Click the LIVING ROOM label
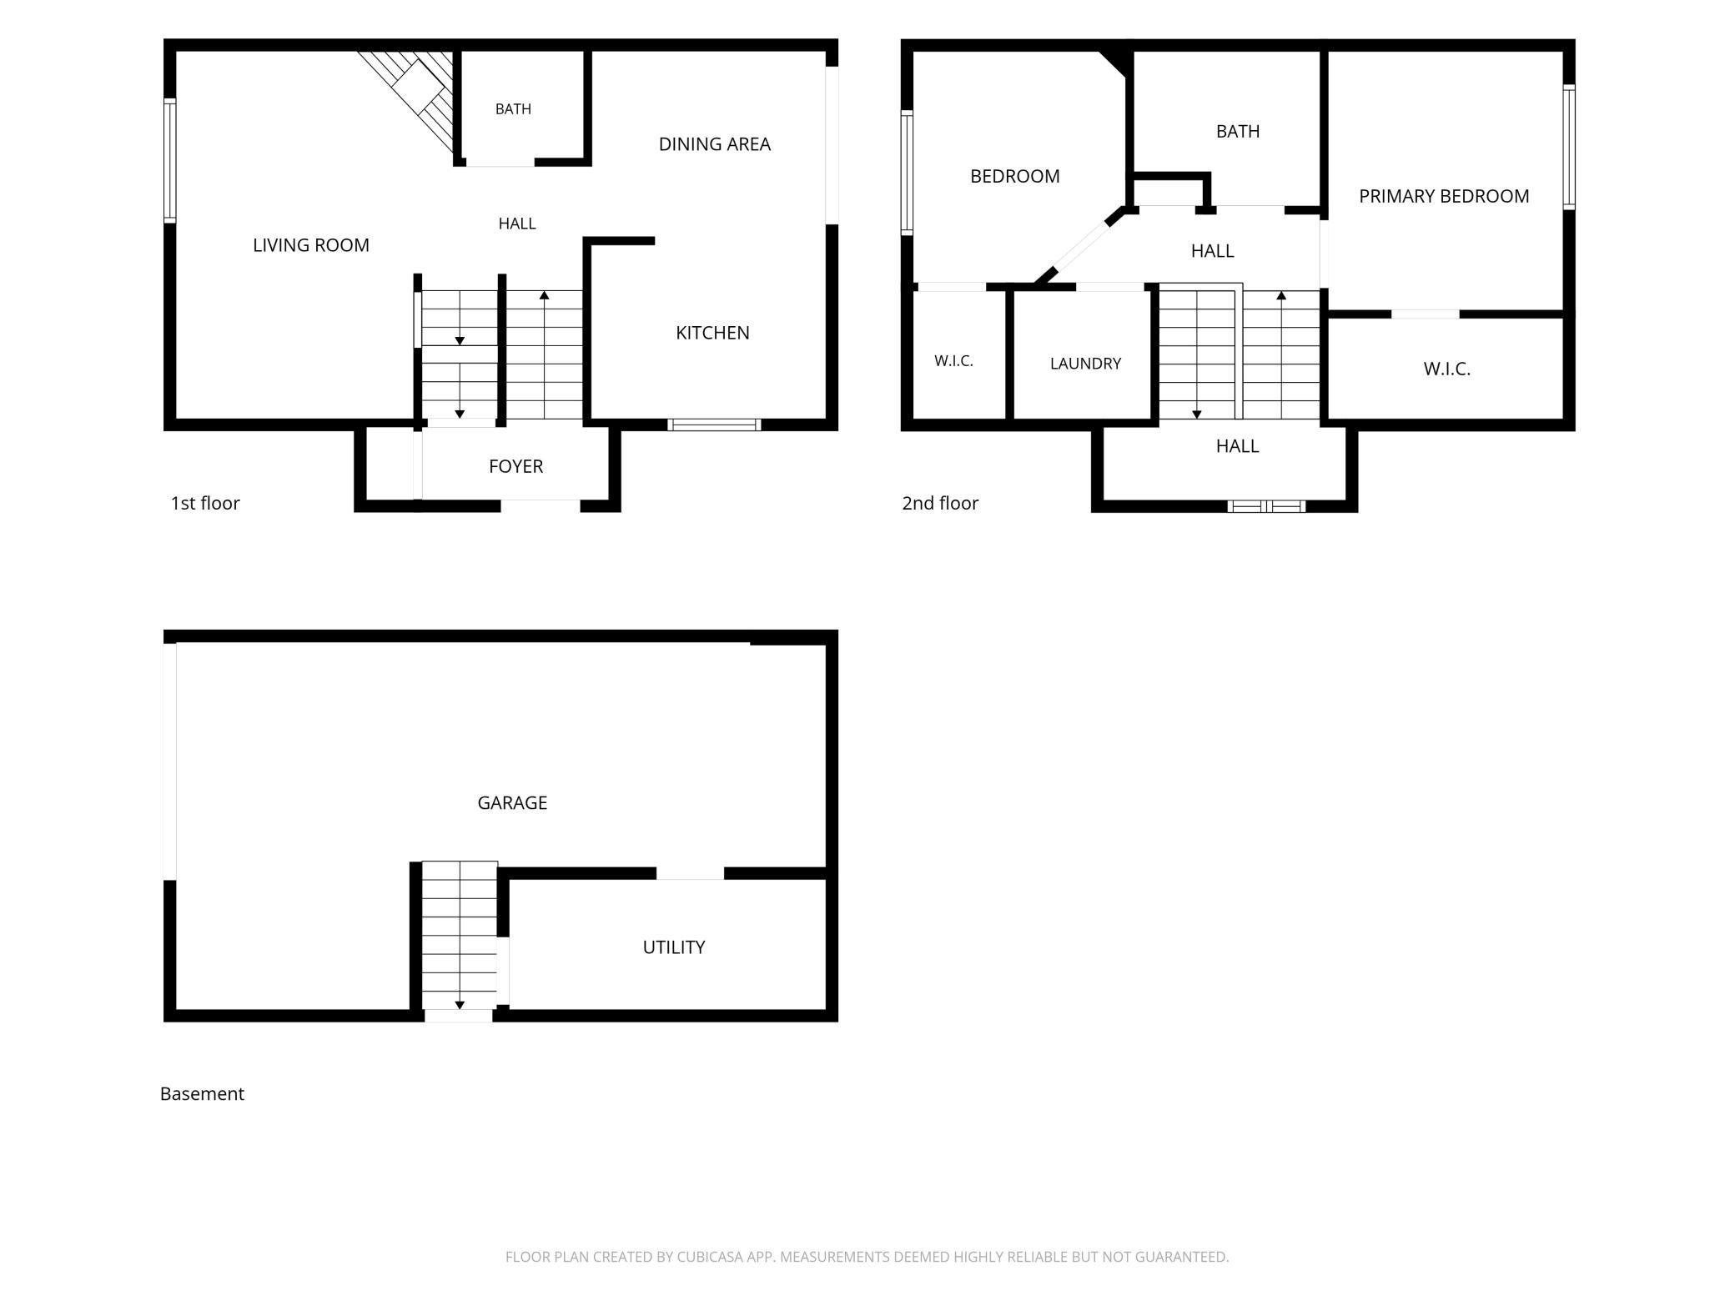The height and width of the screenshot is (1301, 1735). pyautogui.click(x=310, y=245)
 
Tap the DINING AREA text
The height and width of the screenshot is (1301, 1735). pyautogui.click(x=714, y=144)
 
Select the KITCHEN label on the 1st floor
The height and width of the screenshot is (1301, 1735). pyautogui.click(x=712, y=333)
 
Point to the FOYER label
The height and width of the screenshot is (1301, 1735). pyautogui.click(x=515, y=466)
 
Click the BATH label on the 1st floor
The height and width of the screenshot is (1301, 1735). pyautogui.click(x=513, y=109)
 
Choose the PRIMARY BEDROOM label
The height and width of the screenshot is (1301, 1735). pyautogui.click(x=1444, y=196)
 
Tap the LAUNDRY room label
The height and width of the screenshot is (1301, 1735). pyautogui.click(x=1085, y=364)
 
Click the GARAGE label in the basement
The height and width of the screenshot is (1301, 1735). pyautogui.click(x=512, y=803)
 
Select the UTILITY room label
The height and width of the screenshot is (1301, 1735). pyautogui.click(x=674, y=947)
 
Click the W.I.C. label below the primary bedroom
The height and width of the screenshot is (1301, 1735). pyautogui.click(x=1446, y=369)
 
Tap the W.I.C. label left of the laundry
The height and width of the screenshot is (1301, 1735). pyautogui.click(x=953, y=361)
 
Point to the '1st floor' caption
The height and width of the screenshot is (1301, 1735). pyautogui.click(x=205, y=503)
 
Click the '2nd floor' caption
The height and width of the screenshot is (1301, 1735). pyautogui.click(x=940, y=503)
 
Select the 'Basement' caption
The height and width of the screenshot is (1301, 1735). pyautogui.click(x=202, y=1093)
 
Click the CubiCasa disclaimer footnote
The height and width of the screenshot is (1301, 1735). pyautogui.click(x=867, y=1257)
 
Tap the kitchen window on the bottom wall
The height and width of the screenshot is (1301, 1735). pyautogui.click(x=714, y=425)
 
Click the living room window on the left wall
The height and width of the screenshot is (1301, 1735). pyautogui.click(x=170, y=160)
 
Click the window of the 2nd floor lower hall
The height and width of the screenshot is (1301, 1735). pyautogui.click(x=1266, y=506)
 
